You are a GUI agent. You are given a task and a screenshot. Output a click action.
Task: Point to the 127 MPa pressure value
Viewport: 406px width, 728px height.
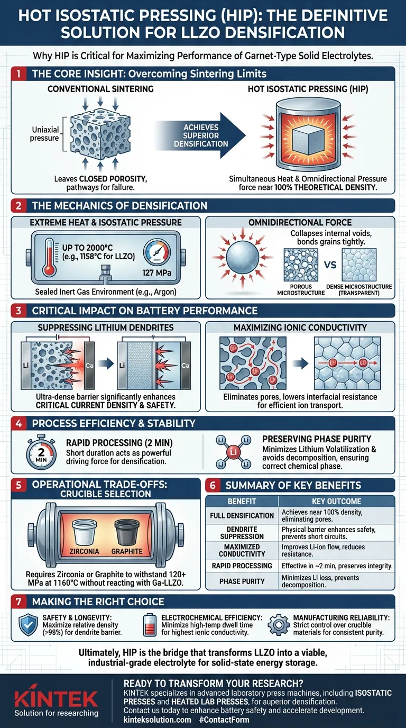click(155, 274)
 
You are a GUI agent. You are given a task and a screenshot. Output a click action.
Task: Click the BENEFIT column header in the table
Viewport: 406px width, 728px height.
click(242, 501)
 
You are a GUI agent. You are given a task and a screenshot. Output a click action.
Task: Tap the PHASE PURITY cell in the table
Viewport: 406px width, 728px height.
click(242, 581)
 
